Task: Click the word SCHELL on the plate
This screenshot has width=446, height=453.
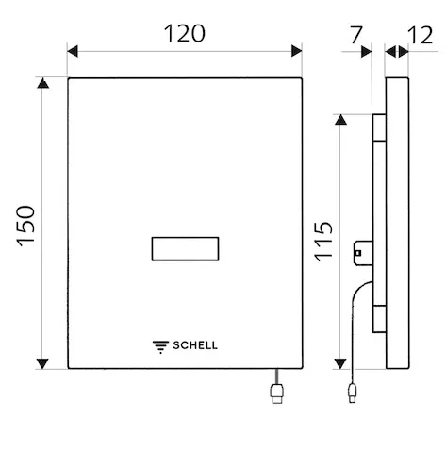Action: pos(193,345)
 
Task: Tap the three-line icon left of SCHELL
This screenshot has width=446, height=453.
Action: pos(159,345)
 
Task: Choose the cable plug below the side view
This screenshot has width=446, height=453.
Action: pos(353,391)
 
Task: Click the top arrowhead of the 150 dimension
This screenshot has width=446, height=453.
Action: pos(42,85)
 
